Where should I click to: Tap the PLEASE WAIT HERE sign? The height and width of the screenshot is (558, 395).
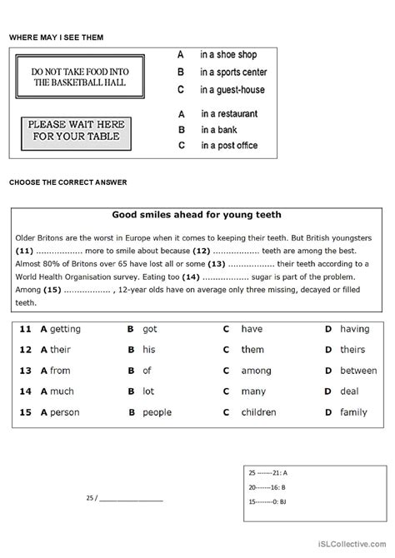click(75, 131)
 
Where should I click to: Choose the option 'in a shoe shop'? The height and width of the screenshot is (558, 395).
click(227, 54)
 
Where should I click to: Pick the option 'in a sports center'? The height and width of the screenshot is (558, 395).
click(232, 72)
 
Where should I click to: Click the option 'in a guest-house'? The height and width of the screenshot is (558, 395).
click(232, 90)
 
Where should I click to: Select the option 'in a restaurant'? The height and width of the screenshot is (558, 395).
click(229, 113)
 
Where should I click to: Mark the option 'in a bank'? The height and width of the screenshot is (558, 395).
click(218, 130)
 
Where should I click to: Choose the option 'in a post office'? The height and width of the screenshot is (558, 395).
click(230, 146)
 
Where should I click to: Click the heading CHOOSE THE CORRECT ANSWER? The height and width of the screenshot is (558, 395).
click(67, 182)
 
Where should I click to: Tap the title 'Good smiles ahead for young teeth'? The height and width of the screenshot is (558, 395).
click(197, 213)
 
